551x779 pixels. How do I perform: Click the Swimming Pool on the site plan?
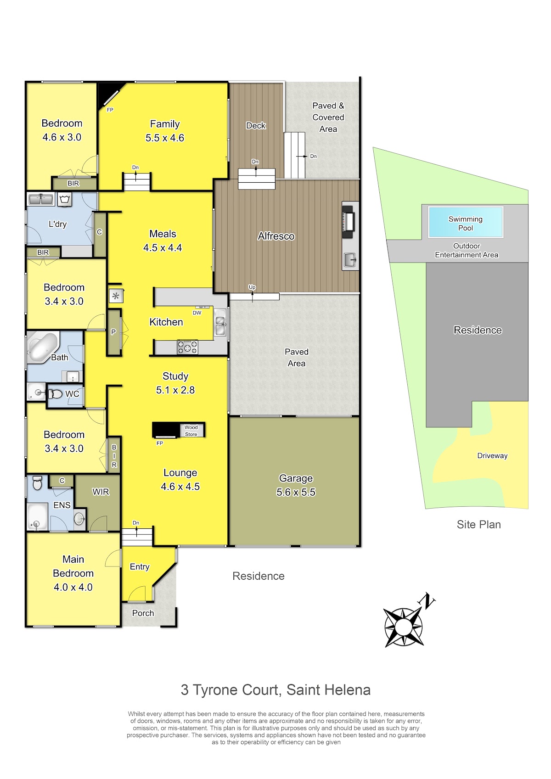[x=466, y=222]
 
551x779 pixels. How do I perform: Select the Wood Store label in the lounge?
[x=191, y=431]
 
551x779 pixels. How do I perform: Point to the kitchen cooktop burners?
[x=187, y=347]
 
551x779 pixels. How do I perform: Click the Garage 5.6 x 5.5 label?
[x=296, y=485]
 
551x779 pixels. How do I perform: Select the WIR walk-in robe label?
[x=101, y=491]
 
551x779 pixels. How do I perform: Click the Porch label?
[x=143, y=613]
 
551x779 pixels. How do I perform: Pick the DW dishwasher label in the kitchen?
[x=197, y=313]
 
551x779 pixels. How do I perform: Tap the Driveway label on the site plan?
[x=492, y=455]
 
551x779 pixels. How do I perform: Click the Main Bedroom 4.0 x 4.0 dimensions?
[x=73, y=587]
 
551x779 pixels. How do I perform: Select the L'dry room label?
[x=57, y=224]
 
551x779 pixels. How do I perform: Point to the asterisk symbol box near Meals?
[x=116, y=296]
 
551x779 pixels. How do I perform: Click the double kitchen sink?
[x=220, y=322]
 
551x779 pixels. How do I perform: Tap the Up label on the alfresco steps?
[x=252, y=287]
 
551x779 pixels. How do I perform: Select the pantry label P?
[x=113, y=332]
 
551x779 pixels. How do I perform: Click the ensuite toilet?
[x=37, y=482]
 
